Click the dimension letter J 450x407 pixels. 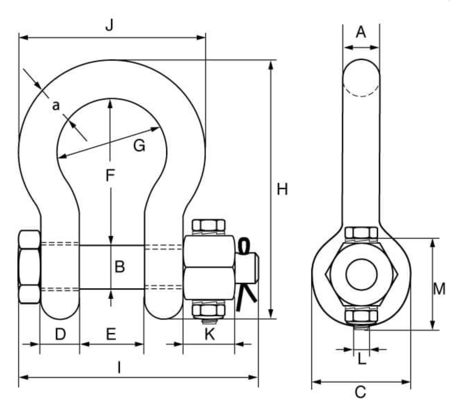110,25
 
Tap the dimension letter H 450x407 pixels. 282,189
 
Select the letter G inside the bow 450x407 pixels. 139,145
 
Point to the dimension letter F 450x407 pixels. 110,176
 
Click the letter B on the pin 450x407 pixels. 120,267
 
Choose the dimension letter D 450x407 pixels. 60,334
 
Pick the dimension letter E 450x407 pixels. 111,334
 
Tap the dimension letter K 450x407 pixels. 209,334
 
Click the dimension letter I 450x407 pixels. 119,368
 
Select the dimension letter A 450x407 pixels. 361,32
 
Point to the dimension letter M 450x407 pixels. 439,289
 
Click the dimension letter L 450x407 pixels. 362,358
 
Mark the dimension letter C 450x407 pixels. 360,392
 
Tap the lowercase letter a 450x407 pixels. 56,105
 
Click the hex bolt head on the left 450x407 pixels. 29,267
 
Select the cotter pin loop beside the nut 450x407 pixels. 244,245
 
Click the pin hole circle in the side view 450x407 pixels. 361,274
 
